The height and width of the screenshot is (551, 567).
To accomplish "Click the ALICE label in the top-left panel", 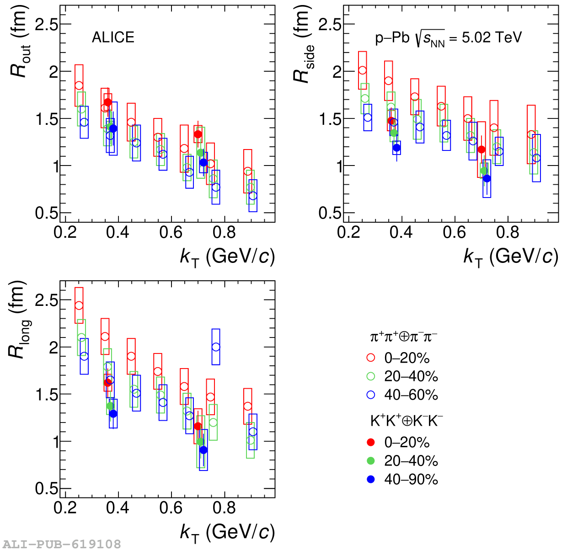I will (x=113, y=37).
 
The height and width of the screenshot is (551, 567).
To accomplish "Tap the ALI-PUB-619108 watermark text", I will (x=62, y=544).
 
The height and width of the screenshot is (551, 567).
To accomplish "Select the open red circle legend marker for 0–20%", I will (x=371, y=358).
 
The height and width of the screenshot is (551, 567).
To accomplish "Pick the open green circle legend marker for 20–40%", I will (x=371, y=376).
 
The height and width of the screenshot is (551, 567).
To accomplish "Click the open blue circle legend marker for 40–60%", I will (x=371, y=395).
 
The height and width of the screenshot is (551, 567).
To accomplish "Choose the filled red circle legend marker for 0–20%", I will (x=371, y=442).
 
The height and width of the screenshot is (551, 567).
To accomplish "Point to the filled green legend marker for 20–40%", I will (x=371, y=460).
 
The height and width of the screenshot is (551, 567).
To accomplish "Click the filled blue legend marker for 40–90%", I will (x=371, y=479).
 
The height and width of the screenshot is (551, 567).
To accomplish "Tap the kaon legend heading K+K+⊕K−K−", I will (x=407, y=421).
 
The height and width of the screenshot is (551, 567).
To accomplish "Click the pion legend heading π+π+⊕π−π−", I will (x=403, y=337).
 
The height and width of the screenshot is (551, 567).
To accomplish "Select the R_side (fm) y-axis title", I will (x=304, y=46).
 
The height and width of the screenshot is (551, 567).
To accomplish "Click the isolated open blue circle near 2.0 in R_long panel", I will (x=216, y=347).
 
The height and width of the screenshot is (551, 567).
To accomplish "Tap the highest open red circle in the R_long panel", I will (x=79, y=305).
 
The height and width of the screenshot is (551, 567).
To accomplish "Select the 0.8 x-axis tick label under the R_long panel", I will (x=224, y=508).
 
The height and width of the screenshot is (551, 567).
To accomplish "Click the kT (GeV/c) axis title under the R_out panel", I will (x=227, y=257).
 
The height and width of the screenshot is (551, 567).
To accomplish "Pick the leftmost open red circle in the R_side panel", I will (x=363, y=70).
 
